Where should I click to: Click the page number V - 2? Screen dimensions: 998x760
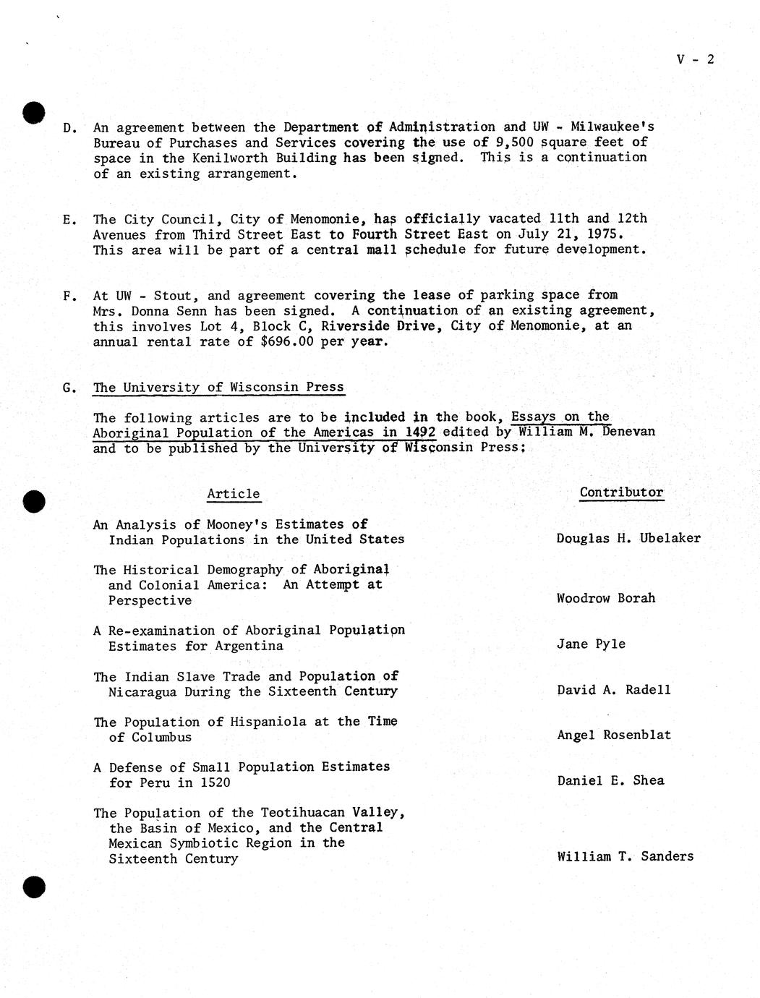click(695, 59)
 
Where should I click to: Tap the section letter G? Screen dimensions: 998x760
click(69, 388)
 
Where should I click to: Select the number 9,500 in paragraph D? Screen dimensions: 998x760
click(517, 142)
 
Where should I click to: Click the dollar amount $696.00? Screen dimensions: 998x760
click(286, 341)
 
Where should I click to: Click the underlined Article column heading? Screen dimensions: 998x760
click(233, 494)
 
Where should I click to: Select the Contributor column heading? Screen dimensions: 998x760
click(621, 492)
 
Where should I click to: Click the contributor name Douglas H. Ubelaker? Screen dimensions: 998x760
click(628, 538)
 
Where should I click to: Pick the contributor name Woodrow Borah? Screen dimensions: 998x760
click(606, 598)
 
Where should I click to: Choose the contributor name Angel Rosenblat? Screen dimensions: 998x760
click(614, 735)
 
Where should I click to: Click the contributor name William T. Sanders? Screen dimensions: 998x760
click(625, 856)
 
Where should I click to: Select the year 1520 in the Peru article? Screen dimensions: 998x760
click(215, 782)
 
